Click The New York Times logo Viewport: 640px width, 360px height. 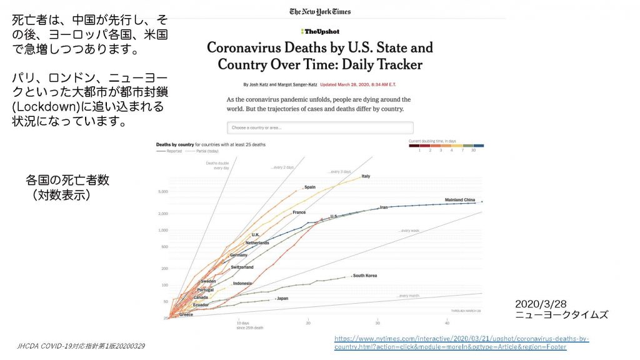pos(320,11)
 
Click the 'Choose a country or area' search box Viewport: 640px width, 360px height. pos(320,127)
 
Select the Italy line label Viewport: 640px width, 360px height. pos(366,176)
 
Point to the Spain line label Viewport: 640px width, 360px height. pos(309,187)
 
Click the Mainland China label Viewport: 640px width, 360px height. pos(460,200)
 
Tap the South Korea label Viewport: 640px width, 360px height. pos(364,276)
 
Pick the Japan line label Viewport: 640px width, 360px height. pos(282,298)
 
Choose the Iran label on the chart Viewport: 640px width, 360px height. pos(384,207)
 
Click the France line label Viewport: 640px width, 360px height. pos(299,212)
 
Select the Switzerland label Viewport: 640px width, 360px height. pos(242,267)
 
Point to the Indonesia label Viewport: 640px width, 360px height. pos(242,283)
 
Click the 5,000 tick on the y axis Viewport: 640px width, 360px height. pos(162,191)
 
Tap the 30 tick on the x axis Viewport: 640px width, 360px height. pos(377,322)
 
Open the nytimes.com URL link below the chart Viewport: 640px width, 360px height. pos(461,342)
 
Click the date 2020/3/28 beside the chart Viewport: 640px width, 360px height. pos(541,304)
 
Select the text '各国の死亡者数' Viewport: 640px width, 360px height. pos(67,180)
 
